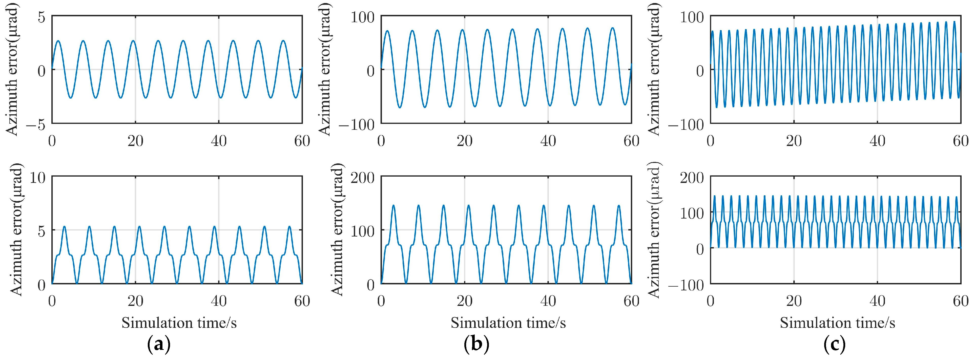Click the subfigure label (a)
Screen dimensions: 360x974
point(158,345)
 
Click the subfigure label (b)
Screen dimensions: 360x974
point(476,345)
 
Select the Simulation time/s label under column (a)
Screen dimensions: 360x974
point(179,323)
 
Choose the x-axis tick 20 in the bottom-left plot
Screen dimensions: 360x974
point(135,301)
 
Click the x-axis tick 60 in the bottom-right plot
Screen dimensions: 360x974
point(960,301)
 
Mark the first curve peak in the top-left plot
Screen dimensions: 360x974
point(58,40)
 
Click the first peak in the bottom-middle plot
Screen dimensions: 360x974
point(393,205)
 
